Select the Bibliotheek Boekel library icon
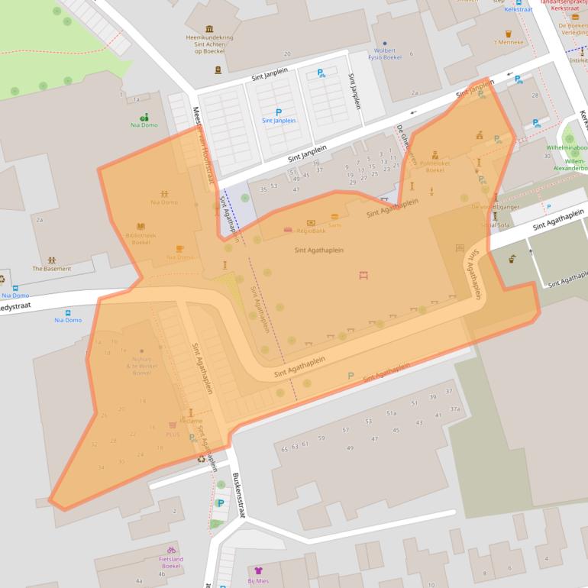[141, 226]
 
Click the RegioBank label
[311, 230]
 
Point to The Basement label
[51, 269]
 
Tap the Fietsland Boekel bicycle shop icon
[171, 549]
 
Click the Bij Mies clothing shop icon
[257, 570]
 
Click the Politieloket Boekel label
[435, 166]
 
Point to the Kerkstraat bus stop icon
[519, 2]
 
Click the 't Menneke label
[509, 42]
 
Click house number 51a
[392, 413]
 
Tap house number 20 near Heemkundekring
[287, 53]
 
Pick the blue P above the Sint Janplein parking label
[278, 112]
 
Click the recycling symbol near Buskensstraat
[202, 458]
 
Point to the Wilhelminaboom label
[567, 147]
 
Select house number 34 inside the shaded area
[101, 467]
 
